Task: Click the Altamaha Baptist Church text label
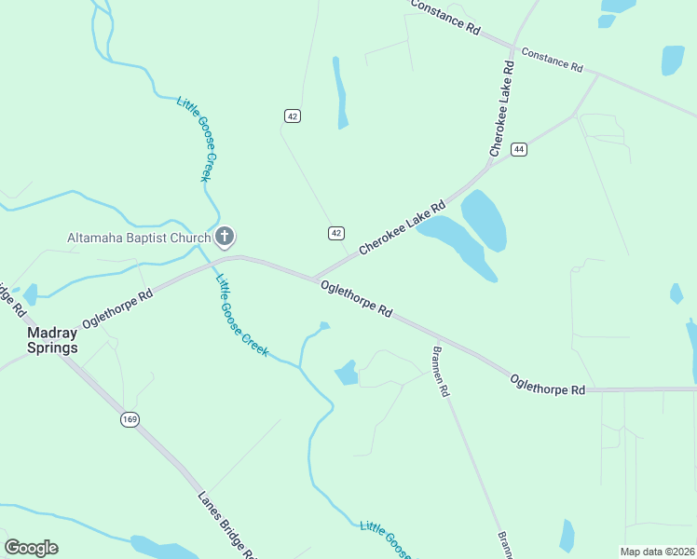139,238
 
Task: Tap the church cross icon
225,237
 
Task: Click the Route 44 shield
519,149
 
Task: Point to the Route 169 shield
130,420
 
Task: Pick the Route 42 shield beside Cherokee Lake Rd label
336,232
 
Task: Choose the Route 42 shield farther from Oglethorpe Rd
293,116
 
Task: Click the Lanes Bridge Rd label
226,524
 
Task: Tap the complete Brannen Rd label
441,372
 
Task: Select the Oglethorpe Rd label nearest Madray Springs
116,307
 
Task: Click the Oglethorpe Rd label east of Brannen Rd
547,383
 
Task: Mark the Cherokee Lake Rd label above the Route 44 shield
502,108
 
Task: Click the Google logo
32,548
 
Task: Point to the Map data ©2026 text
658,552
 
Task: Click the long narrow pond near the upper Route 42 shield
341,92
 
